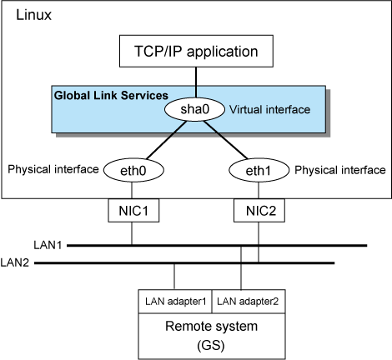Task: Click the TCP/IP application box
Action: (x=196, y=51)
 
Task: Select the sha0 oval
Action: (x=194, y=109)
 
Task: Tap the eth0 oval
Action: (x=133, y=170)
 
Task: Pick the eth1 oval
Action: (x=259, y=170)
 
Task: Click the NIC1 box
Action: (x=133, y=210)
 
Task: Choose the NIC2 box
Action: (x=259, y=210)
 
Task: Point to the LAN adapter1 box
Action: (x=175, y=302)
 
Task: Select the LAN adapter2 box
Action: (x=249, y=302)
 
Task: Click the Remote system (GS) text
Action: (x=211, y=336)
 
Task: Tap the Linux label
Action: (x=33, y=15)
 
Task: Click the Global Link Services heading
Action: (x=111, y=96)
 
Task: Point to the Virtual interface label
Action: (x=269, y=109)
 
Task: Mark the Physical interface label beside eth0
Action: (x=53, y=169)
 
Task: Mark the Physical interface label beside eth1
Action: (x=340, y=170)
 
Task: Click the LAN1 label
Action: (x=48, y=245)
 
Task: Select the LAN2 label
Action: (x=15, y=262)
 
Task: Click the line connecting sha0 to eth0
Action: (x=166, y=140)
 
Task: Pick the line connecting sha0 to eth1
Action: (x=225, y=140)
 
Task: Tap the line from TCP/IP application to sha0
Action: (x=196, y=82)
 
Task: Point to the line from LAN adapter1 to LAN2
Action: (x=174, y=277)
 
